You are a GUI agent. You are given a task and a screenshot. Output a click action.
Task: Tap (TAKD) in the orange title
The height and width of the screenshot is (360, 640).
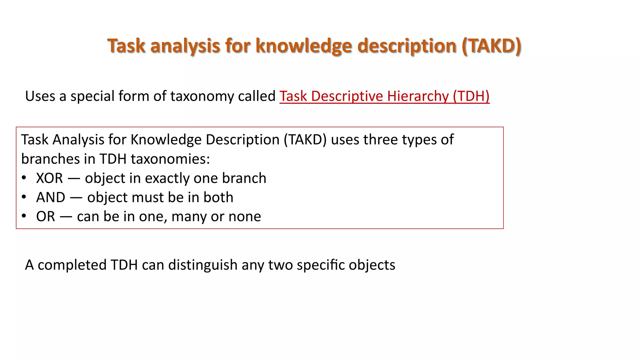tap(491, 46)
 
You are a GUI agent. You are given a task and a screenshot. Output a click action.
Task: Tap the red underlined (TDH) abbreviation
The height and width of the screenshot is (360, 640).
tap(471, 96)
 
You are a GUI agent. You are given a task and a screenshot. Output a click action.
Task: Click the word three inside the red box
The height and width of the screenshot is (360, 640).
tap(381, 140)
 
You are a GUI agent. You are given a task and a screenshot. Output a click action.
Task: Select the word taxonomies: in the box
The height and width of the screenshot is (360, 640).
tap(170, 159)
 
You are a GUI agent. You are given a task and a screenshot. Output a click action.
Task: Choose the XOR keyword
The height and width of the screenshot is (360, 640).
tap(49, 178)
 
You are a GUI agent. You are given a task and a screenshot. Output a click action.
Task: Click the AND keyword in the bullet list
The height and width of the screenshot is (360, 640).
tap(51, 197)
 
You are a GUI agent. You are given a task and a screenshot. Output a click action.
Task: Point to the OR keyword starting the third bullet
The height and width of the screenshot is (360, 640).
tap(46, 217)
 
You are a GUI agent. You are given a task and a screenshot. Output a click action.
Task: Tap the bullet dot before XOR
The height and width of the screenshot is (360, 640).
tap(24, 178)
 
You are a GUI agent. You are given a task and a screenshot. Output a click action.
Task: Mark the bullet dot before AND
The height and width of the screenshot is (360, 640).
tap(24, 197)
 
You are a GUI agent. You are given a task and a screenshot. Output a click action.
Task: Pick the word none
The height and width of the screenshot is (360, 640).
tap(244, 217)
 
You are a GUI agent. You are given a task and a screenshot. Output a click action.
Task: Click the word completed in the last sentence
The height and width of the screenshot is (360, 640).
tap(72, 265)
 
